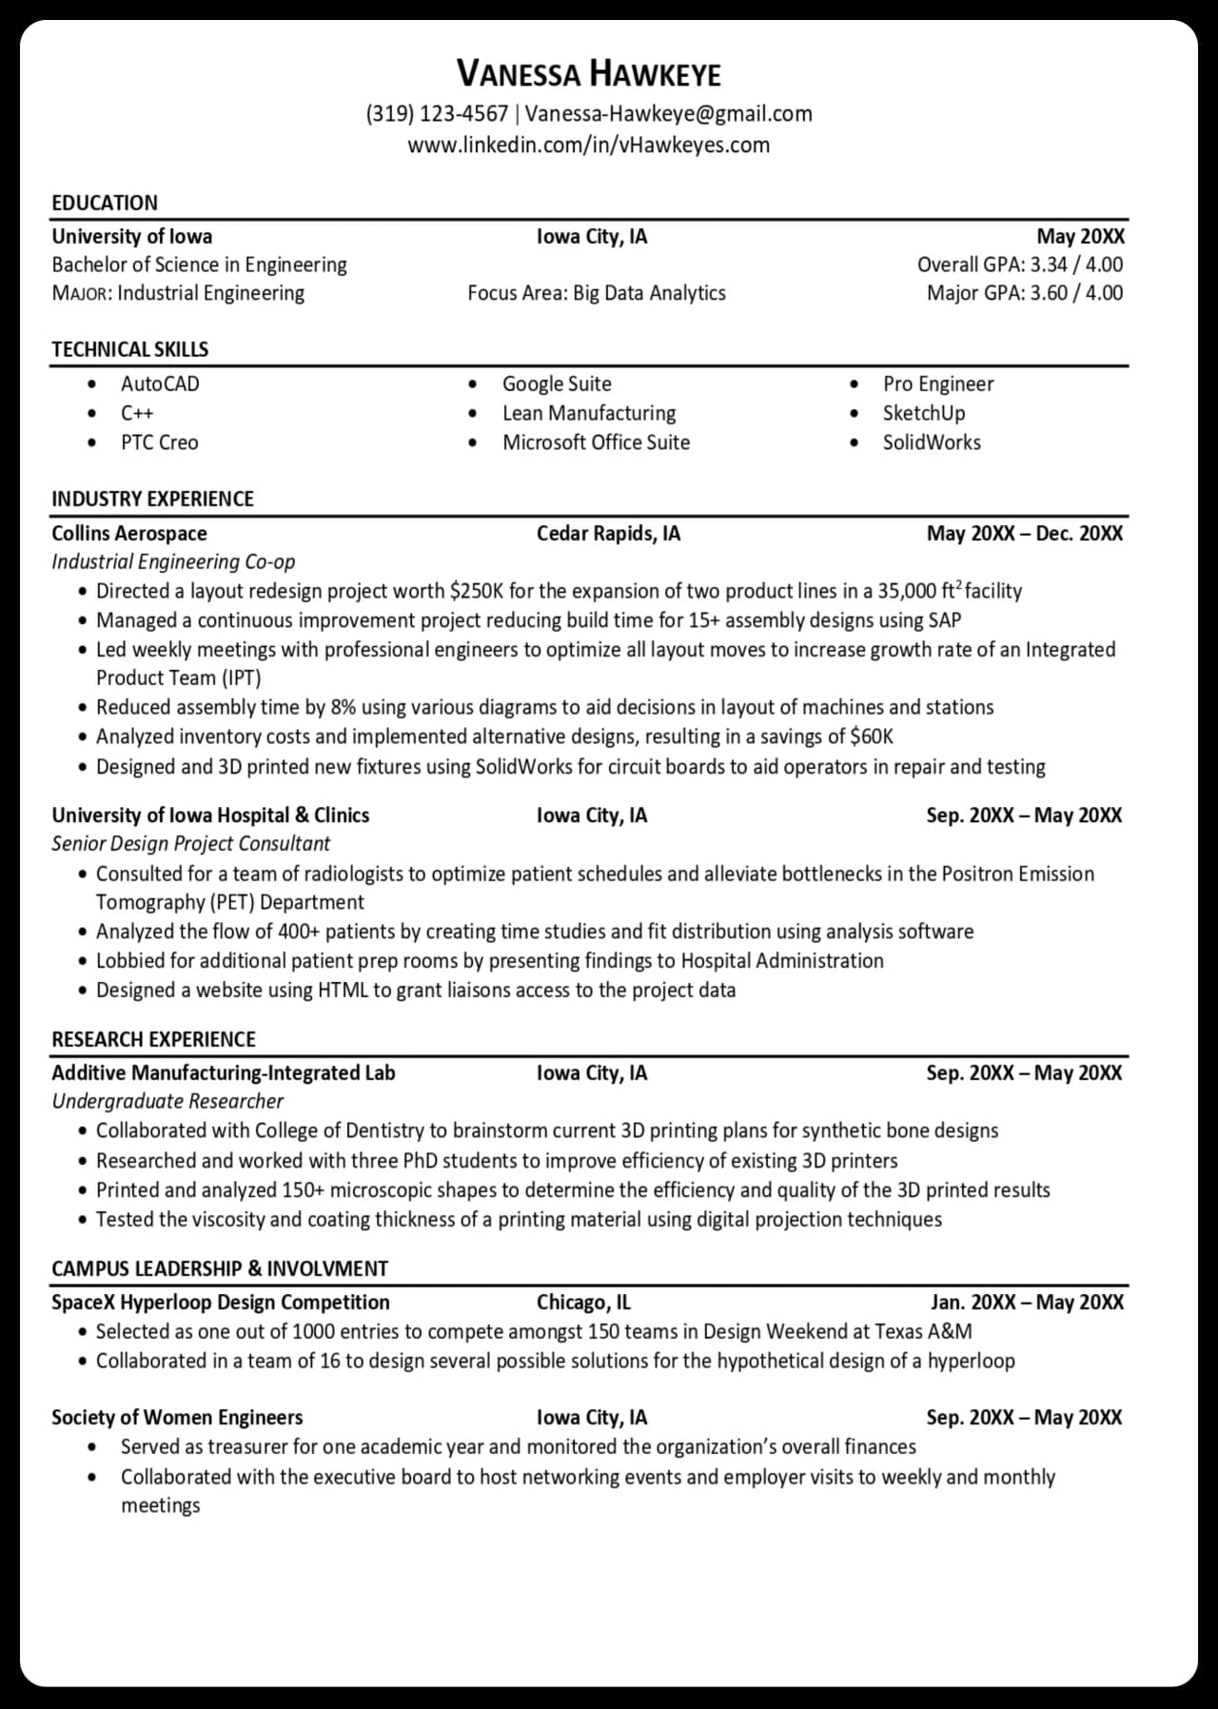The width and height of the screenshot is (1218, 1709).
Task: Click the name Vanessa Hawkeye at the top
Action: [589, 73]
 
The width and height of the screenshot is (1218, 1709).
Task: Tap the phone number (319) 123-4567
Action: [437, 114]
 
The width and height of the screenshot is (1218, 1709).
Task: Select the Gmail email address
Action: [669, 114]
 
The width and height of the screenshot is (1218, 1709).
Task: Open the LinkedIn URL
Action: [589, 146]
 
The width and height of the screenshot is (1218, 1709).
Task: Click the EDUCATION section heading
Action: [105, 203]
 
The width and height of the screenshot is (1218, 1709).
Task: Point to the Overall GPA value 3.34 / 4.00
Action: [1076, 265]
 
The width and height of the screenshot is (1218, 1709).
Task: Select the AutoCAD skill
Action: [160, 384]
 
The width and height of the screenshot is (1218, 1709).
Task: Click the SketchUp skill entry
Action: [923, 413]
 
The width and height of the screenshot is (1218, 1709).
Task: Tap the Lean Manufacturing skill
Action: [589, 413]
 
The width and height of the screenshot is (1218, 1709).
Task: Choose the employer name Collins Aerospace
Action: [129, 534]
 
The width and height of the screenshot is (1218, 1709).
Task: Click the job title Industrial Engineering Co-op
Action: [173, 562]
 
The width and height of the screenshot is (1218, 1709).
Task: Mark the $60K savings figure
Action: [872, 737]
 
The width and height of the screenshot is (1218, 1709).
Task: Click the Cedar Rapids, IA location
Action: [608, 534]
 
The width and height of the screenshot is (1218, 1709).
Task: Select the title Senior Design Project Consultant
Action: [190, 844]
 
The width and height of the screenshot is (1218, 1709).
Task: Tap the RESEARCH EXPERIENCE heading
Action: [153, 1039]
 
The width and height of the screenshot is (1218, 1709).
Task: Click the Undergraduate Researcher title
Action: [167, 1102]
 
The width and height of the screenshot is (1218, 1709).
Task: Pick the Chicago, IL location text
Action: [583, 1303]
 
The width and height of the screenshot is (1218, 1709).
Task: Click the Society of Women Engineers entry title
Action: [177, 1418]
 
